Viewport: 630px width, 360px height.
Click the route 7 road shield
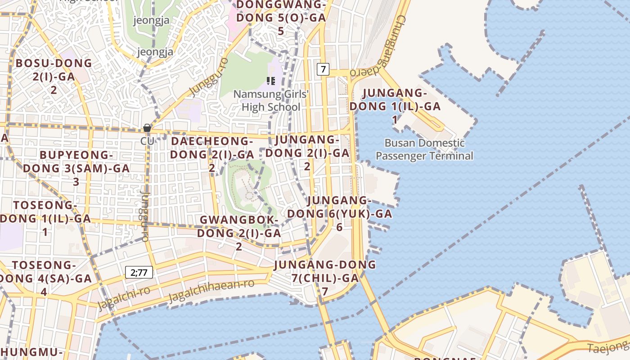[x=323, y=69]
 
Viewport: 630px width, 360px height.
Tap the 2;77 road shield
[x=139, y=272]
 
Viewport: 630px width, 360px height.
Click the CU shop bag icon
[x=147, y=128]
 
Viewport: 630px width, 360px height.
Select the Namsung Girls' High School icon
[x=271, y=81]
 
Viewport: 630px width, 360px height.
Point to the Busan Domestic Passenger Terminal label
[x=424, y=149]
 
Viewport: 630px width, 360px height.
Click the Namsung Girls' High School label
[x=271, y=101]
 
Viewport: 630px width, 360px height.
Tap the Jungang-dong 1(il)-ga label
[x=395, y=106]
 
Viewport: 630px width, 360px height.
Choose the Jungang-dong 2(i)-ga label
[x=307, y=153]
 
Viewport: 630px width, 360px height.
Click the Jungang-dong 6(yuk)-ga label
[x=339, y=213]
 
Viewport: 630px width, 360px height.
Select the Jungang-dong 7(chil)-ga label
[x=325, y=278]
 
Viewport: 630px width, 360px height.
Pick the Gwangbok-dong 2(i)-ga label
[x=239, y=233]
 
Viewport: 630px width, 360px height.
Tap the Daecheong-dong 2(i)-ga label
[x=212, y=154]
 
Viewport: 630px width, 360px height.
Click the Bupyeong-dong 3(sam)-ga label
[x=76, y=168]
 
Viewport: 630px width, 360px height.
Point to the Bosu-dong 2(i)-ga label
[x=54, y=76]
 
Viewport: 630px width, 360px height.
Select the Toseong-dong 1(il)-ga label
[x=45, y=218]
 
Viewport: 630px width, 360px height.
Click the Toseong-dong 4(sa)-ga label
[x=44, y=278]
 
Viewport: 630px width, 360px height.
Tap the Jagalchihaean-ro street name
[x=211, y=291]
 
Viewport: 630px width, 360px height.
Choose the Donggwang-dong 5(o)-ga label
[x=281, y=18]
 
